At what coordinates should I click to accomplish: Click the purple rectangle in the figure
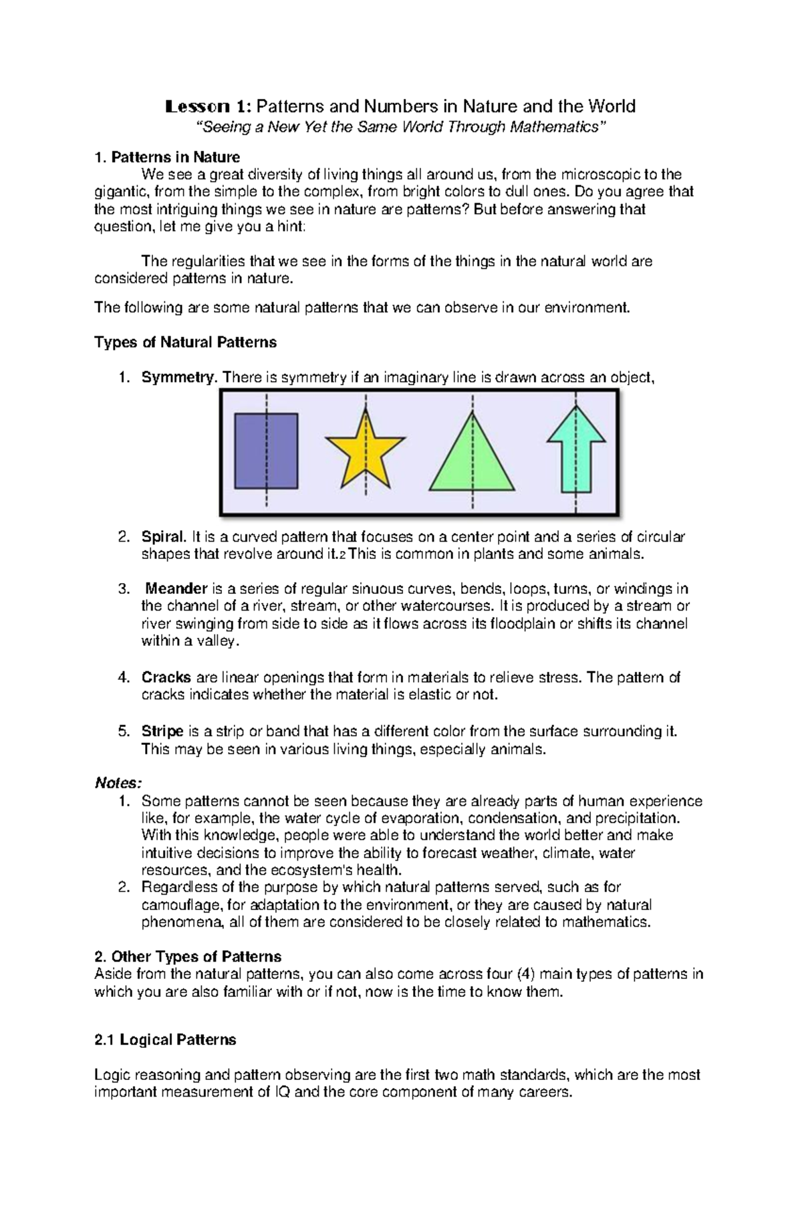[x=265, y=451]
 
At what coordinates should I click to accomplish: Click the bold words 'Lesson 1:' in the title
[x=209, y=106]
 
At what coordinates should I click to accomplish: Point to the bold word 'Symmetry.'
[x=179, y=378]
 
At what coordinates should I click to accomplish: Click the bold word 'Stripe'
[x=162, y=732]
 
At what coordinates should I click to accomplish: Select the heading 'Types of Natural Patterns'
[x=185, y=342]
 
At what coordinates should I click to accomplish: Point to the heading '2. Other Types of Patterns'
[x=188, y=957]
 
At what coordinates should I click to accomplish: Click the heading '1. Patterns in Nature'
[x=167, y=158]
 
